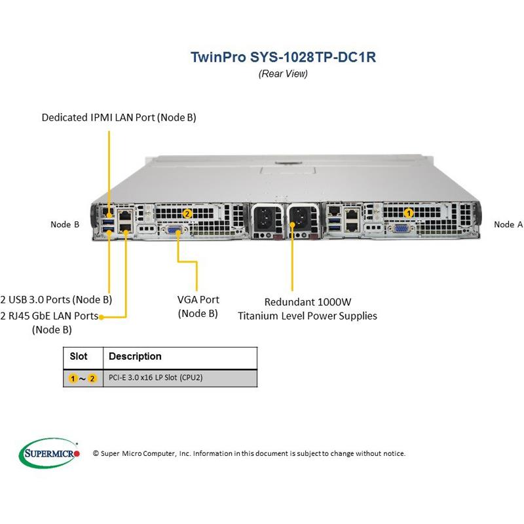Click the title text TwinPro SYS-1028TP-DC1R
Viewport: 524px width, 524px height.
click(x=283, y=56)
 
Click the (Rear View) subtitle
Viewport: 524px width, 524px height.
click(x=283, y=73)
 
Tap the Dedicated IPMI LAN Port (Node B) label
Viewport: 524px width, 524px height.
click(x=119, y=118)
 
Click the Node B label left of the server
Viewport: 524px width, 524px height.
click(x=65, y=225)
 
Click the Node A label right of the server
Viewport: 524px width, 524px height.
click(x=508, y=225)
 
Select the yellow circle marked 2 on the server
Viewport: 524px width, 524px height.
click(x=187, y=213)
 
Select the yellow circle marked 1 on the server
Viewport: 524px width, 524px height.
click(x=409, y=212)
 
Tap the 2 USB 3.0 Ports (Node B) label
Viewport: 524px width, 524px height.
click(x=56, y=300)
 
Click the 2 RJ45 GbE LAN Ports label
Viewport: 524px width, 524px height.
click(x=50, y=316)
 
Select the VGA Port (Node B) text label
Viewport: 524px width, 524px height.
click(x=198, y=307)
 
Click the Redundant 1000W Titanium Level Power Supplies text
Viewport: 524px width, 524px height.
click(x=307, y=309)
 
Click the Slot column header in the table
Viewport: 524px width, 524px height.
click(x=79, y=357)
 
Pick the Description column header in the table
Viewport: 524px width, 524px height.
click(x=135, y=357)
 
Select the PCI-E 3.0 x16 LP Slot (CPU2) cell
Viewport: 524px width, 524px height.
click(x=155, y=378)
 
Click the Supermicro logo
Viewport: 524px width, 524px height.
click(x=50, y=452)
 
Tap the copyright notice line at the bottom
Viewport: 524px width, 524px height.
click(x=249, y=453)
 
